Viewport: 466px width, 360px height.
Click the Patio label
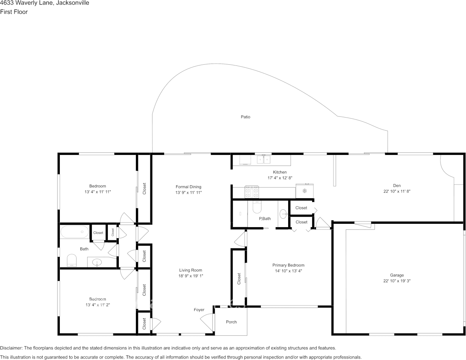tap(245, 117)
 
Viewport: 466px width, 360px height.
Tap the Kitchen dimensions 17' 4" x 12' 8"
tap(280, 178)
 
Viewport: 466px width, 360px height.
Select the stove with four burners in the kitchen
tap(252, 192)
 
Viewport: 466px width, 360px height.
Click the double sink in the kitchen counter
tap(263, 159)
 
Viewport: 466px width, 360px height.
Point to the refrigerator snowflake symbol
tap(305, 191)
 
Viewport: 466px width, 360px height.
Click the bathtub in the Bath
tap(74, 232)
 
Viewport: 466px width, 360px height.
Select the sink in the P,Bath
tap(283, 214)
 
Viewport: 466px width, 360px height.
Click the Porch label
tap(231, 322)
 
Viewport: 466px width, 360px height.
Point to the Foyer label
tap(199, 310)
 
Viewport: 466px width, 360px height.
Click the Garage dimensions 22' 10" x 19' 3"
tap(397, 281)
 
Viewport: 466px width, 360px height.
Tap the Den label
tap(397, 186)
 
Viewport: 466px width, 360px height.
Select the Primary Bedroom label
tap(288, 265)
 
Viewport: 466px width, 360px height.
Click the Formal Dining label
tap(188, 187)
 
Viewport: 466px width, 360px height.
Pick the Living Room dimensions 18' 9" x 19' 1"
tap(191, 276)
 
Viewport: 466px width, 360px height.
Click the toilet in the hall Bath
tap(72, 260)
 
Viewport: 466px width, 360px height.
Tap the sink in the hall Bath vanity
tap(97, 262)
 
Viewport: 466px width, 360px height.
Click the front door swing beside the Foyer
tap(207, 322)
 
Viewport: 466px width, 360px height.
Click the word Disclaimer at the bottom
tap(11, 348)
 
